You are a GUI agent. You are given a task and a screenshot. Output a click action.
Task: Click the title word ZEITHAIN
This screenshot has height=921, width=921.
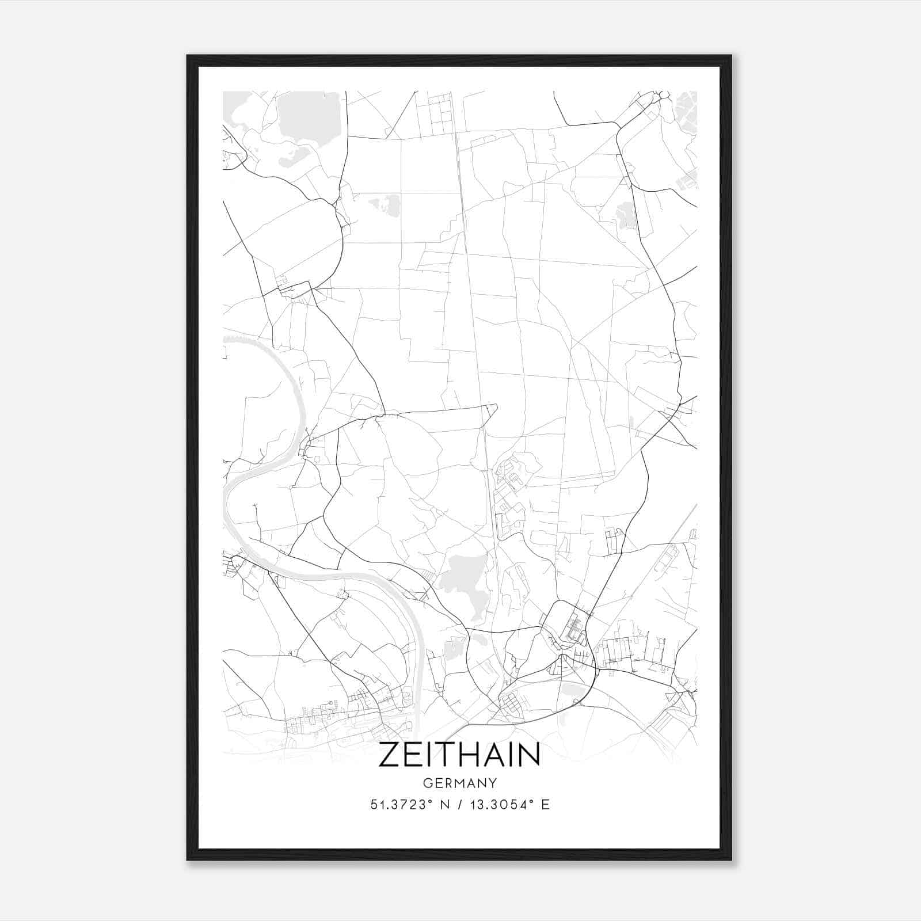459,755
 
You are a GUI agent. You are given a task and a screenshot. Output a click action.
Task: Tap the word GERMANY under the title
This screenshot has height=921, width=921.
459,783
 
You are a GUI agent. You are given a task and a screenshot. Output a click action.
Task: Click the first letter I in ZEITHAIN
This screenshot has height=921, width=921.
431,755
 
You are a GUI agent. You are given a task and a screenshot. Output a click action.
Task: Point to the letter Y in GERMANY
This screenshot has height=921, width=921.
493,783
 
